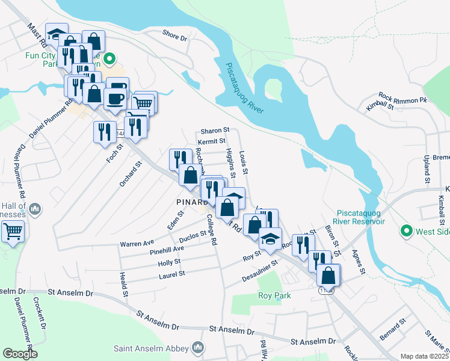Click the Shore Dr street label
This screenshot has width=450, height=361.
click(x=175, y=37)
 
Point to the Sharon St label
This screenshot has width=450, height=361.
click(x=215, y=130)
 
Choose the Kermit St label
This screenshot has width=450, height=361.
click(x=211, y=141)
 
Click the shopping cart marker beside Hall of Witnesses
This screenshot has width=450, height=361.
click(x=13, y=230)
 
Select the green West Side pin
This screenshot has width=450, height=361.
click(x=407, y=230)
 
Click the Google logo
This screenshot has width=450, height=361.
click(x=20, y=354)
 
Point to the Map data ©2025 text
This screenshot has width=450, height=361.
click(x=424, y=356)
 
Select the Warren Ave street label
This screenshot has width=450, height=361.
click(x=137, y=244)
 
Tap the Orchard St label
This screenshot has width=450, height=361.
click(x=131, y=173)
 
